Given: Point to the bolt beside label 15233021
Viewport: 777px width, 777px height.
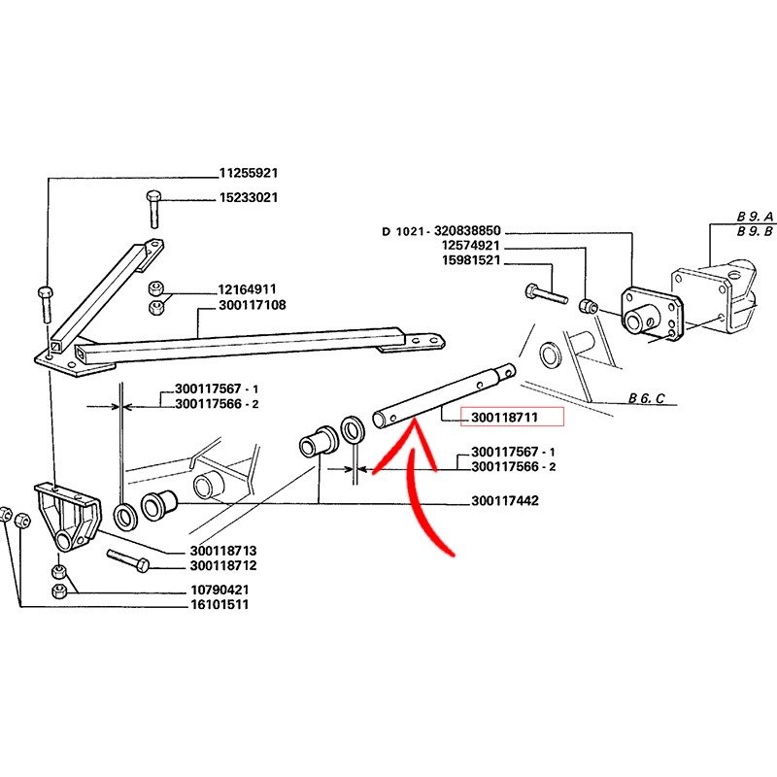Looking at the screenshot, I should (152, 209).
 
